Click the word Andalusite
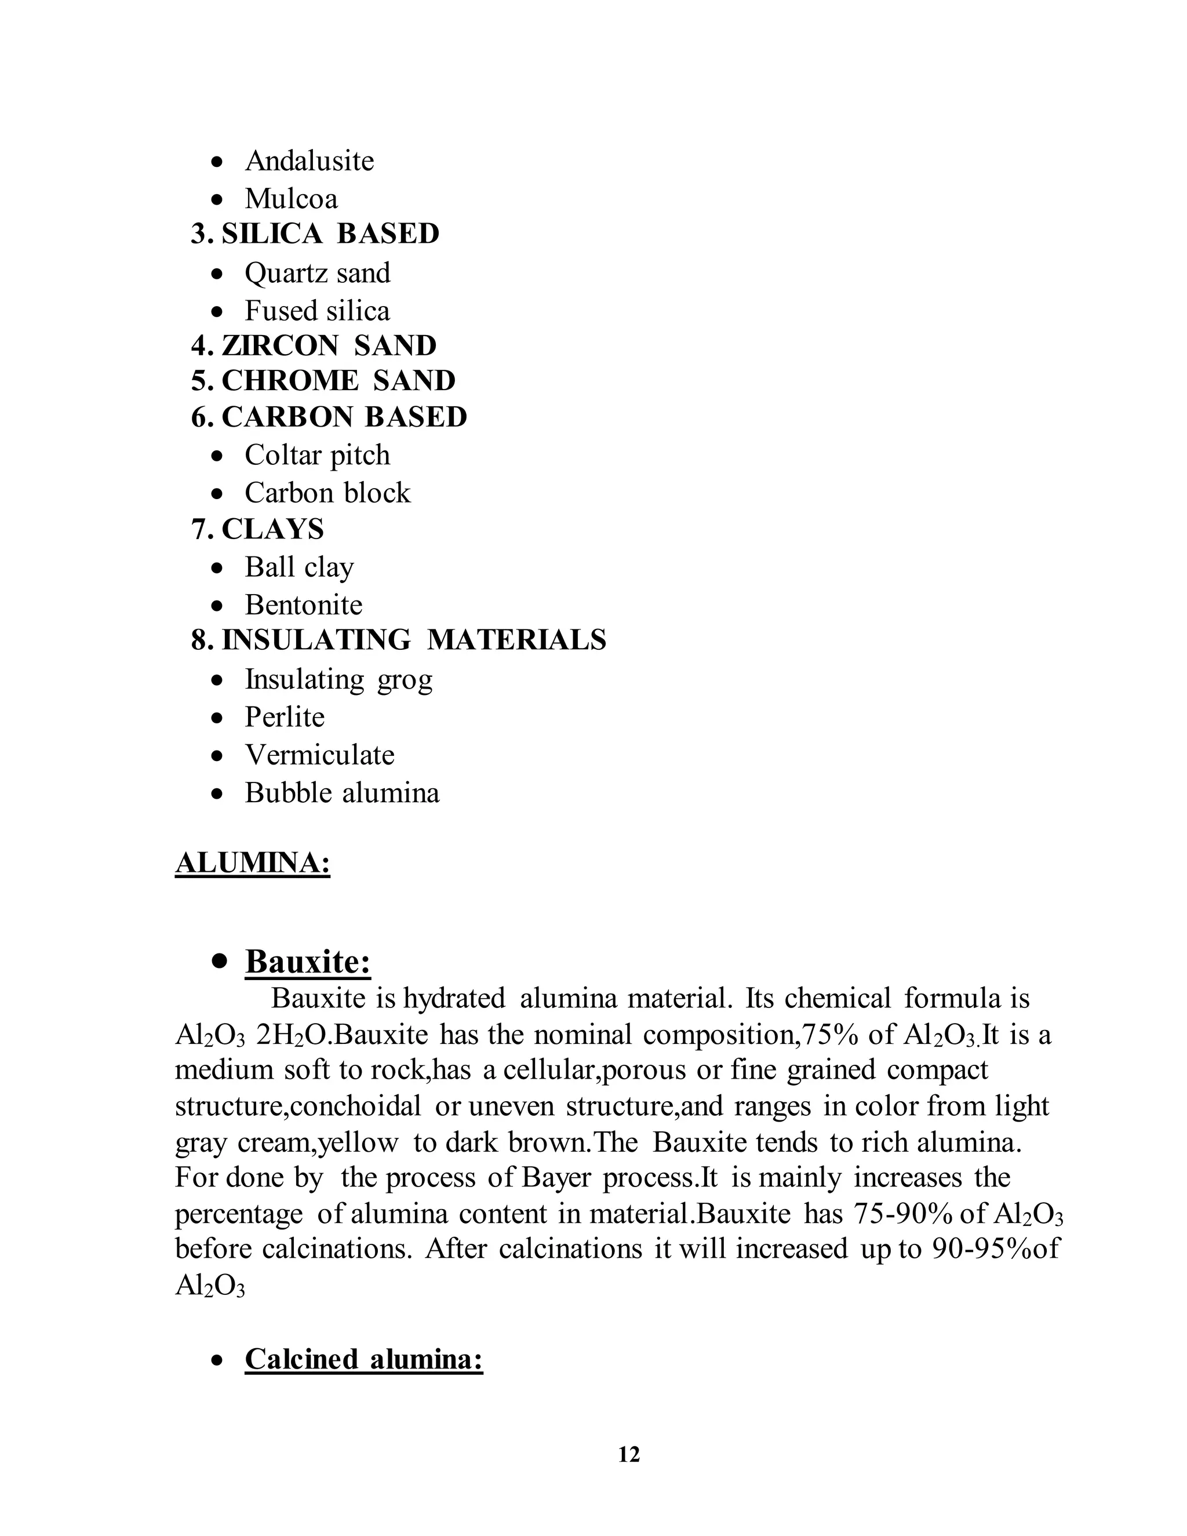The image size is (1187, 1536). [x=309, y=161]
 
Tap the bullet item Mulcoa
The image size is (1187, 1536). [x=290, y=199]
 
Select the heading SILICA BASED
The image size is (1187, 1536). [x=330, y=234]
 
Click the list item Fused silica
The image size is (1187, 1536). [x=316, y=311]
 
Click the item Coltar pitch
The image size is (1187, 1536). [x=316, y=455]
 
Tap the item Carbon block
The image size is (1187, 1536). [x=327, y=493]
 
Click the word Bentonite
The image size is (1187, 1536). [x=303, y=605]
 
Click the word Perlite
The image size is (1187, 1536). [x=284, y=718]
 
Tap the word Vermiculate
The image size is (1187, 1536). [x=319, y=755]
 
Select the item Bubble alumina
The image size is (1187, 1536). [x=342, y=794]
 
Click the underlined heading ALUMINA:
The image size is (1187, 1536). [x=253, y=863]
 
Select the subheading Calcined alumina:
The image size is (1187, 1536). [x=363, y=1359]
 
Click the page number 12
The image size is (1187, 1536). [x=629, y=1454]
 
